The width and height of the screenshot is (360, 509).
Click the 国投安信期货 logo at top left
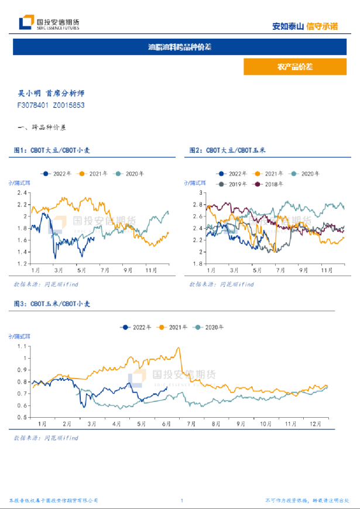coord(49,23)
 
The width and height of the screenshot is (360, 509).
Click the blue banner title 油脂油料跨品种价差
coord(180,47)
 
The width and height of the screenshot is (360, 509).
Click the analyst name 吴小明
coord(30,93)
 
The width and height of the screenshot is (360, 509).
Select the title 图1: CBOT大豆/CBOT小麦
coord(52,150)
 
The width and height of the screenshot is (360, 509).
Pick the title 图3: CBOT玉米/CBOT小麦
coord(52,304)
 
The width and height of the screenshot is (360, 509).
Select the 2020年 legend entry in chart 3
coord(215,328)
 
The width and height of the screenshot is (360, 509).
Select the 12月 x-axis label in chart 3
coord(316,422)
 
